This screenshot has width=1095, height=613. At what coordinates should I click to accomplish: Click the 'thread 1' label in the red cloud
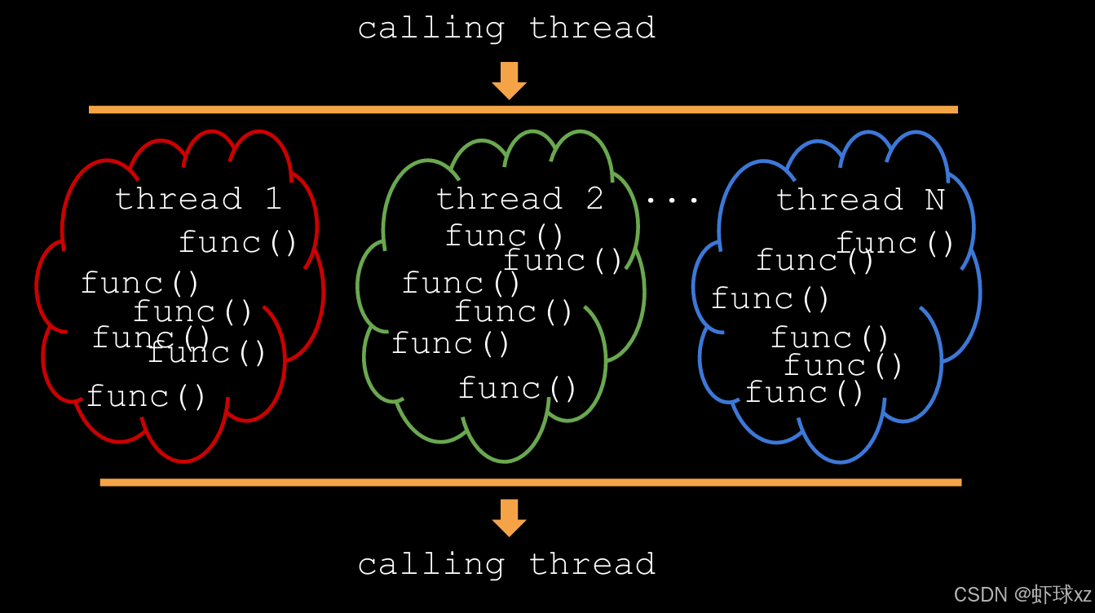click(x=198, y=199)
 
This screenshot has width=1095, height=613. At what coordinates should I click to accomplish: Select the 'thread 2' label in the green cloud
click(x=519, y=199)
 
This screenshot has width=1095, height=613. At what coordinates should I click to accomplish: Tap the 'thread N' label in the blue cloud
click(x=859, y=200)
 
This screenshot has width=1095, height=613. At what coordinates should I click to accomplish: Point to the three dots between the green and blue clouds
click(x=673, y=200)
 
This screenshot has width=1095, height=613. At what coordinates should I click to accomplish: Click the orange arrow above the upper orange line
click(x=510, y=81)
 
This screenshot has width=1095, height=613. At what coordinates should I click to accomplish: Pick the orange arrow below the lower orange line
click(x=510, y=518)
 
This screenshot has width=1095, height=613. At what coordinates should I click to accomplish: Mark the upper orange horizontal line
click(x=523, y=109)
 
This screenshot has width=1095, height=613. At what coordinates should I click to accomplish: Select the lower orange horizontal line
click(x=530, y=483)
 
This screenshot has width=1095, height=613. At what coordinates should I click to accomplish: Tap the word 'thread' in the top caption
click(x=592, y=29)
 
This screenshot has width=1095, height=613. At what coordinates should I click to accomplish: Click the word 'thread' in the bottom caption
click(x=592, y=564)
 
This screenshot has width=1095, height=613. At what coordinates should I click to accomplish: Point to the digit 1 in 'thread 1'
click(x=273, y=199)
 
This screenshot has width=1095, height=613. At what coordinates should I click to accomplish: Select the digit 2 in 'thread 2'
click(x=594, y=199)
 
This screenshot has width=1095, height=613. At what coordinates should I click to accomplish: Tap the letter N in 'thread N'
click(x=934, y=200)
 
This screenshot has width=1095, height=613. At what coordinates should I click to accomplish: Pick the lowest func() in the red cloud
click(x=146, y=397)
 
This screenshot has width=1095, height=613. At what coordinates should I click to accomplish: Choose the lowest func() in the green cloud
click(x=518, y=388)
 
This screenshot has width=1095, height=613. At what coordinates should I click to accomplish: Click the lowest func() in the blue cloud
click(x=804, y=393)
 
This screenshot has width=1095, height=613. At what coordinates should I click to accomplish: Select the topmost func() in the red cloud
click(x=238, y=242)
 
